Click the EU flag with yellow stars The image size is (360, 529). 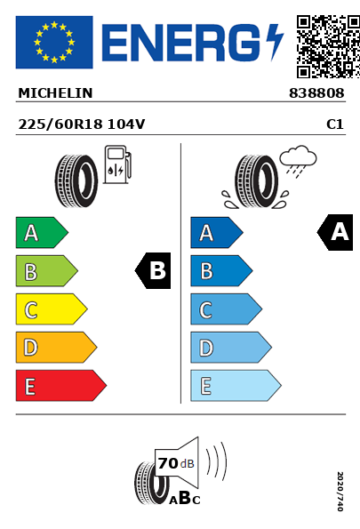54,42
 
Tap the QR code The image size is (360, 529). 328,46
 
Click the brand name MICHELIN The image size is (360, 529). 55,93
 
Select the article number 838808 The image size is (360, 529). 316,93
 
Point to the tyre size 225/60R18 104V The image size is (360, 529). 82,124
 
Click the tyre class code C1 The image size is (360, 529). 335,124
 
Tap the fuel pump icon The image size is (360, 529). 117,164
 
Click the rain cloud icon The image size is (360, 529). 299,161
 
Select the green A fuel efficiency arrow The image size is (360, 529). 42,232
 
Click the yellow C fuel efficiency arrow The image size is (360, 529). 52,309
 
